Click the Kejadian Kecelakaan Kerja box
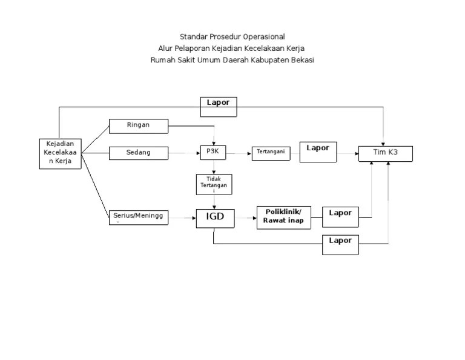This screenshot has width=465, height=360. click(x=59, y=153)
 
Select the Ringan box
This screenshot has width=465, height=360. click(x=138, y=125)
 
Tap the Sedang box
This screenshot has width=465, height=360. click(x=138, y=153)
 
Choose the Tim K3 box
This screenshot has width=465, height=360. click(x=386, y=153)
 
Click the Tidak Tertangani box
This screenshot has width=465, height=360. click(x=213, y=184)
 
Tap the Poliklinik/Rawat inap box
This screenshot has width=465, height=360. click(x=283, y=217)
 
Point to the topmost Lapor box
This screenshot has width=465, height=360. click(x=218, y=106)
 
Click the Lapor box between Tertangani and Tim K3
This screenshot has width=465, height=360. click(x=318, y=152)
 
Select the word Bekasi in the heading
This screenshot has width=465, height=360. click(x=302, y=60)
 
